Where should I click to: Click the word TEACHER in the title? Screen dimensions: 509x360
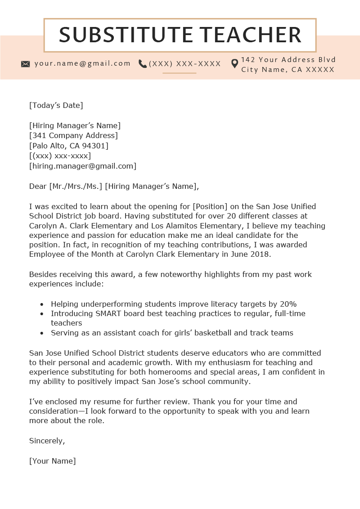coord(251,35)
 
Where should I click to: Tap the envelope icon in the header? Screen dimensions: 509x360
coord(26,64)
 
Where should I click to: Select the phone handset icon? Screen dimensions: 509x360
coord(143,64)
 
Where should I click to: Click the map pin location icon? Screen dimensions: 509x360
coord(234,64)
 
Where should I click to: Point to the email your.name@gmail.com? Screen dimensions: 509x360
coord(82,63)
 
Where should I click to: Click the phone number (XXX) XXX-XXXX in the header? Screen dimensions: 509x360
coord(185,64)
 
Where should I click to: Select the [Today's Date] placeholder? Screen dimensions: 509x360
coord(56,106)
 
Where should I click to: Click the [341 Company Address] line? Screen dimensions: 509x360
coord(73,135)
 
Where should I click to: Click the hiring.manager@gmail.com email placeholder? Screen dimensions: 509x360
coord(83,166)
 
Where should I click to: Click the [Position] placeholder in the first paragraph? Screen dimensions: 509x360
coord(210,206)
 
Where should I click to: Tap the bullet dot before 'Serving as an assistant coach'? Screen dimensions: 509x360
coord(42,334)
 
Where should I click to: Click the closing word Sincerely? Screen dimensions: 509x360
coord(47,441)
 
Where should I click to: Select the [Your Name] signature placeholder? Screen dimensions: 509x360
coord(53,461)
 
